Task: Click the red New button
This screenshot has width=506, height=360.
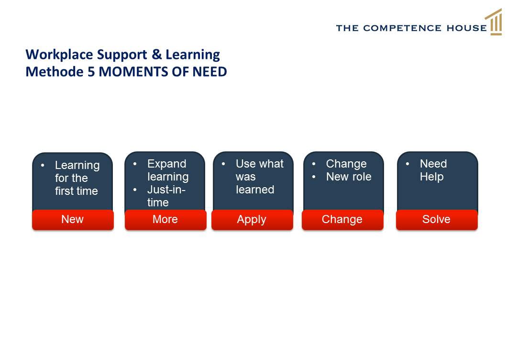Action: (73, 220)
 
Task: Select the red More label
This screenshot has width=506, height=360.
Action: (165, 220)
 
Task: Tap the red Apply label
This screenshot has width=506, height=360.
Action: (253, 220)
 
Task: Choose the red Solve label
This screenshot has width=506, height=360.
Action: (437, 220)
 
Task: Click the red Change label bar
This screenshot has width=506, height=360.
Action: (343, 220)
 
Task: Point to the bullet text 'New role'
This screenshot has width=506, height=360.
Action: (349, 177)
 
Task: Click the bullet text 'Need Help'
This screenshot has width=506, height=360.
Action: (433, 170)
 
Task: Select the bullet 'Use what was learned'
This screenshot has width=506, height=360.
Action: (259, 177)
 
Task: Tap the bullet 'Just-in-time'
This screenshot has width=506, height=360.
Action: (166, 196)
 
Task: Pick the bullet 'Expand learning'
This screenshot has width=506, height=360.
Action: (168, 170)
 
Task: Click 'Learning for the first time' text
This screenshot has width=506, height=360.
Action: (77, 178)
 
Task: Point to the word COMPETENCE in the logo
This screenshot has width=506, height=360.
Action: (402, 28)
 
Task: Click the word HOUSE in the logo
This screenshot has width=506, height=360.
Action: (467, 28)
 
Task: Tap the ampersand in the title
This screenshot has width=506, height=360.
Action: (156, 54)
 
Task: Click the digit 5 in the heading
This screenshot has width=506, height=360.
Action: (91, 72)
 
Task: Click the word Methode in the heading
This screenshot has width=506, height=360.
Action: (55, 72)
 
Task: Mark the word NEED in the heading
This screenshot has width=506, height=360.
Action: (209, 72)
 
